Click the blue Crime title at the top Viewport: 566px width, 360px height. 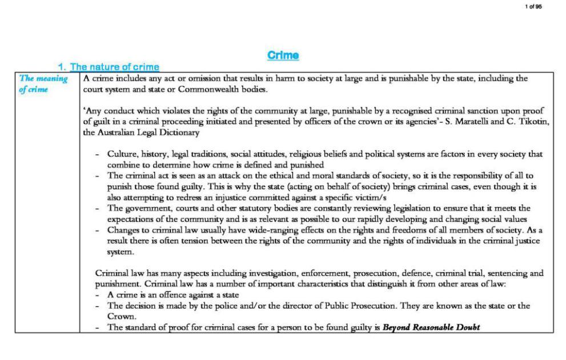click(283, 55)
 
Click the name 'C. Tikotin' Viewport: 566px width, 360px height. click(526, 122)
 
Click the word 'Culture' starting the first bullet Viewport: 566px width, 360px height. click(121, 154)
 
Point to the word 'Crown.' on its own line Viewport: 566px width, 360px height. click(121, 316)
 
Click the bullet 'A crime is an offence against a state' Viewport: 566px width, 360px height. click(172, 295)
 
